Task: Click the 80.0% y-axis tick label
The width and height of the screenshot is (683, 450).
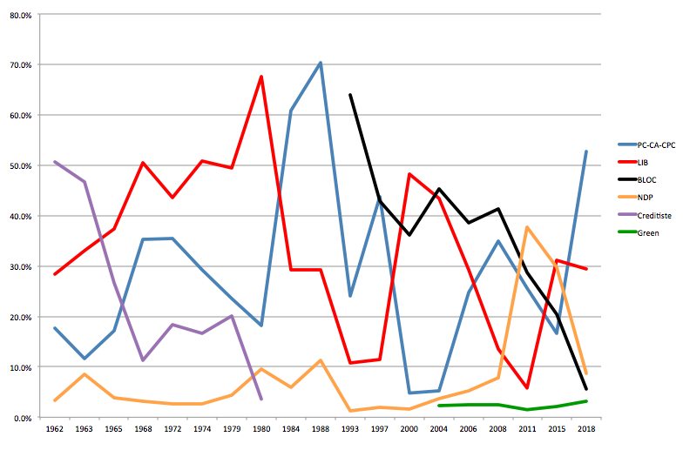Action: tap(20, 14)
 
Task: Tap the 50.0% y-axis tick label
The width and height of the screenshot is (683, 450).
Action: tap(20, 165)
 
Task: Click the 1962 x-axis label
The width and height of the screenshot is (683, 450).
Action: tap(54, 431)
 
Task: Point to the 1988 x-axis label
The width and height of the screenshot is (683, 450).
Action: tap(321, 431)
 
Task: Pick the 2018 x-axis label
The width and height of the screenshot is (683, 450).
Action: tap(586, 431)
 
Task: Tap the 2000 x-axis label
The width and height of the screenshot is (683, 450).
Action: tap(409, 431)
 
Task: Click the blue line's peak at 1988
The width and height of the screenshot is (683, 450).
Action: tap(321, 63)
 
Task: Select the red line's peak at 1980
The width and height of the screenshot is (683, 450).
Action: tap(261, 77)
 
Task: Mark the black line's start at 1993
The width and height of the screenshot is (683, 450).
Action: tap(350, 95)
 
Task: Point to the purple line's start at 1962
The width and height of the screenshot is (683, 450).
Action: tap(54, 162)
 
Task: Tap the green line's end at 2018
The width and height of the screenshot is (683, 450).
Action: tap(586, 401)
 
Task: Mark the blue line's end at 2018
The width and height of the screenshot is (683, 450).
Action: tap(586, 151)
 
